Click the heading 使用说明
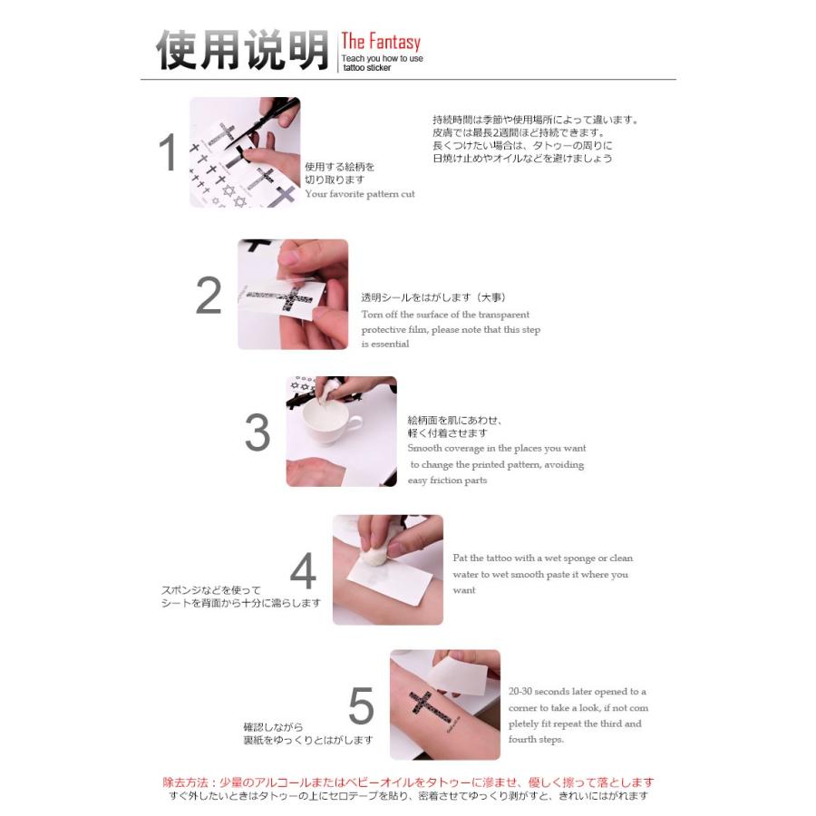(x=241, y=51)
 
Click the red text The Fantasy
(x=381, y=43)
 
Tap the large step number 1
(x=168, y=152)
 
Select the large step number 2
(x=209, y=296)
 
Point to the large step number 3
(x=257, y=433)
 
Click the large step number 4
(x=303, y=571)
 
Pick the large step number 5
(x=361, y=706)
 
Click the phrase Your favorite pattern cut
(x=360, y=194)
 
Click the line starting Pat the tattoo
(x=542, y=559)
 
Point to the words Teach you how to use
(x=382, y=59)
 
